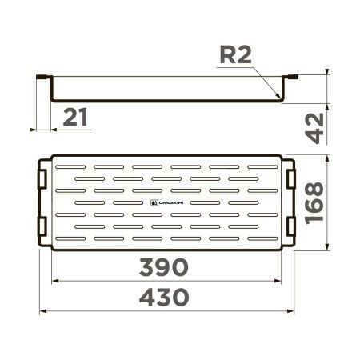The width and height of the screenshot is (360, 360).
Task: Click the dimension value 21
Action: [x=74, y=118]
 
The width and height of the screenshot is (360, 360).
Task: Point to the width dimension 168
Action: [x=317, y=203]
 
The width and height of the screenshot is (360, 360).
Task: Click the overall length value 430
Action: [x=165, y=298]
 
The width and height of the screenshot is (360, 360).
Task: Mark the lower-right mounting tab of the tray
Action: [x=292, y=226]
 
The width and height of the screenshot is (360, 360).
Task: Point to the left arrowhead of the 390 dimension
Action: [x=54, y=281]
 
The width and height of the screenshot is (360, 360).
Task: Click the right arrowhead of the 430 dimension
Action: [x=295, y=311]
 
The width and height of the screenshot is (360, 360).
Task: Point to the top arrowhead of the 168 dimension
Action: [x=327, y=157]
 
